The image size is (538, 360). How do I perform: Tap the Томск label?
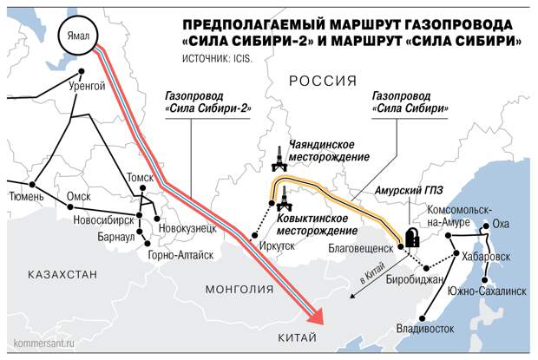tap(140, 177)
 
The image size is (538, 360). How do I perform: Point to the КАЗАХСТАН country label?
tap(62, 275)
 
